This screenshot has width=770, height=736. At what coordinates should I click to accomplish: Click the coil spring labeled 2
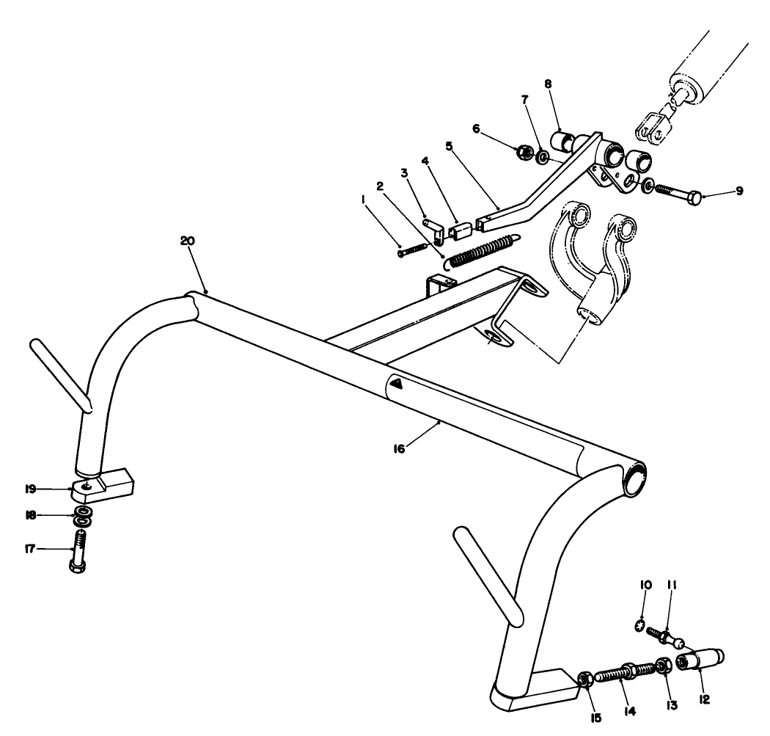pyautogui.click(x=480, y=249)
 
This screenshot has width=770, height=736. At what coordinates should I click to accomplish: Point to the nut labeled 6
pyautogui.click(x=524, y=153)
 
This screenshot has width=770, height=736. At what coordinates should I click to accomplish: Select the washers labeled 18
pyautogui.click(x=84, y=515)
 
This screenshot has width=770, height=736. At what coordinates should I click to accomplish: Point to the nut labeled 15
pyautogui.click(x=584, y=679)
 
